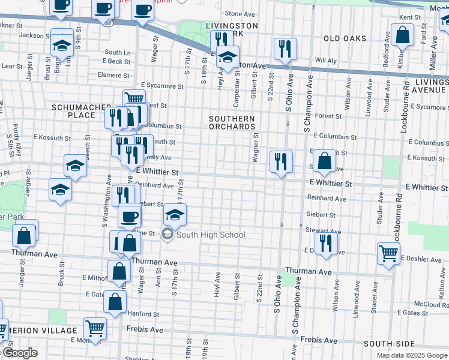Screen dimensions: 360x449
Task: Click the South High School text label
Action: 211,235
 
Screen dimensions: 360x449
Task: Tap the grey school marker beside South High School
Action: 168,235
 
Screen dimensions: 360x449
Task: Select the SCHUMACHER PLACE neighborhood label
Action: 74,111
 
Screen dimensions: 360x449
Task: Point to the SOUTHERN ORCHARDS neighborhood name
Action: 232,122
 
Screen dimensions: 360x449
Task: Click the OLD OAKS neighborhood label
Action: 345,38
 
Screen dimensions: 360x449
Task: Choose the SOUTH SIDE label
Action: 389,344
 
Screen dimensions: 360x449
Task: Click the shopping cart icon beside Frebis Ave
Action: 95,328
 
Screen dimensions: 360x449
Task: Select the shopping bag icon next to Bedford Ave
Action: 402,35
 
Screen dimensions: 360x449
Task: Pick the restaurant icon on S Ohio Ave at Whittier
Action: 280,161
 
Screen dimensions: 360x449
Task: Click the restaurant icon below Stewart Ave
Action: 325,243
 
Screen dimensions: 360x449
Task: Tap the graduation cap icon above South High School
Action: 174,214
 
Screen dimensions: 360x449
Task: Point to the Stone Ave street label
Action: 240,13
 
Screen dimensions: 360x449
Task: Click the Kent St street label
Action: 406,17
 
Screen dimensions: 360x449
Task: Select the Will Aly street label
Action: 326,61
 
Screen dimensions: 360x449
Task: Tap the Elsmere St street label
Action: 114,76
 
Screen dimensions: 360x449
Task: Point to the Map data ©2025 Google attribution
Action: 412,355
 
